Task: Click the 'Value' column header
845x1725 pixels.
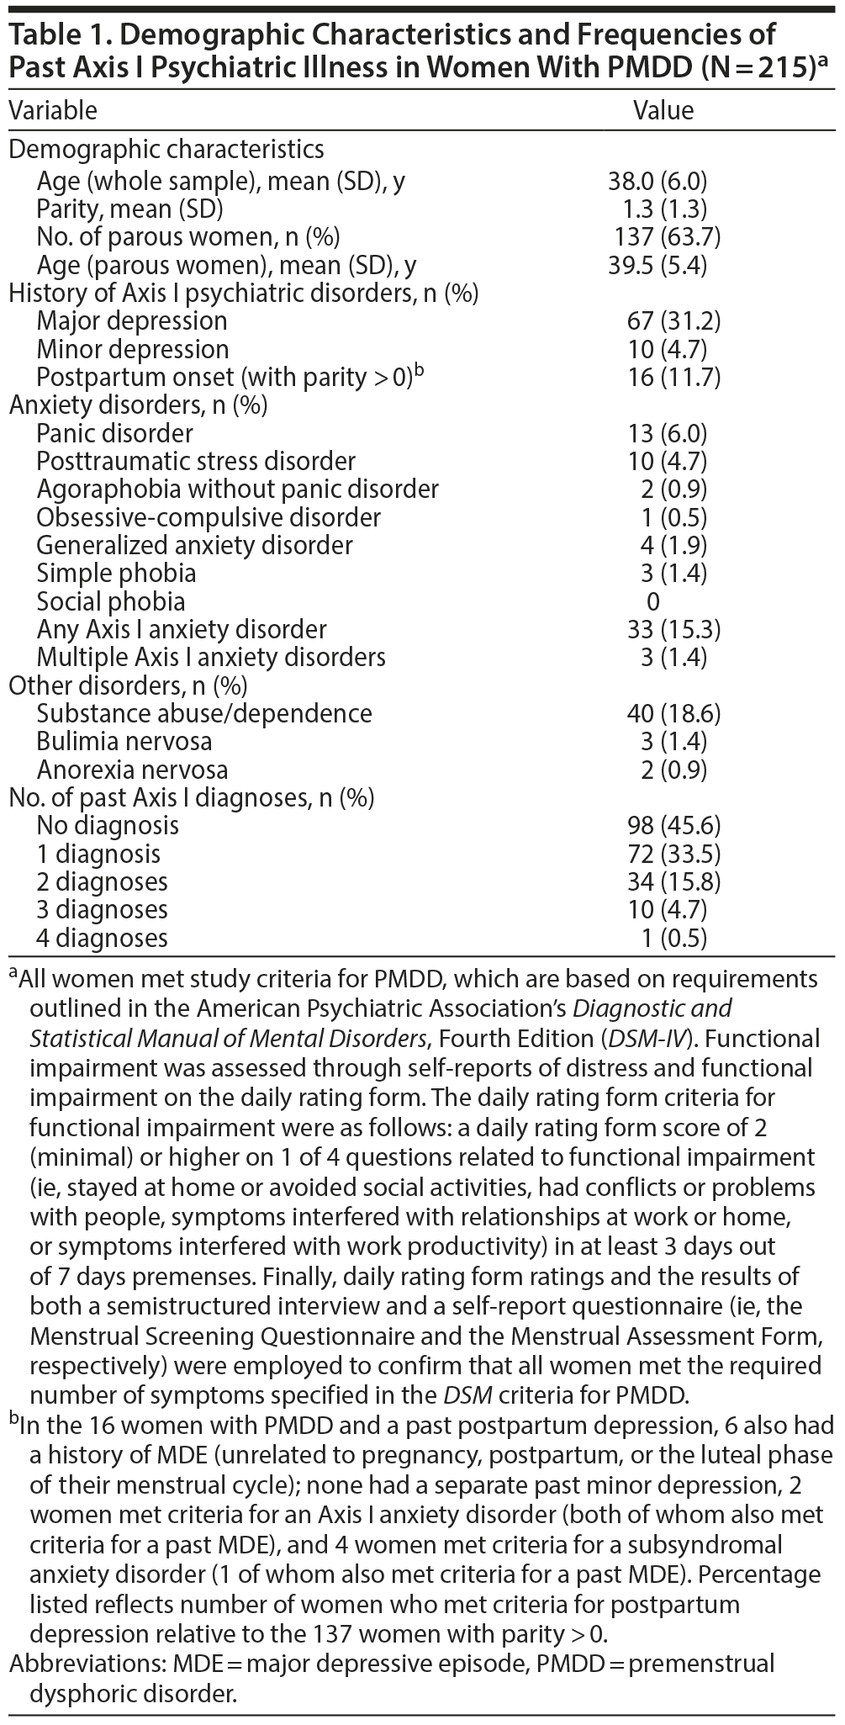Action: coord(663,110)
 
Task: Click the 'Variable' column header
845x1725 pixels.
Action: coord(53,110)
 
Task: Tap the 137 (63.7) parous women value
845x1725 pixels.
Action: coord(668,237)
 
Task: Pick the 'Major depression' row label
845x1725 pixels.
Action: coord(132,321)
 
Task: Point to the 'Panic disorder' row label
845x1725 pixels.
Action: coord(114,433)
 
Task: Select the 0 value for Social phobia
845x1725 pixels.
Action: coord(653,601)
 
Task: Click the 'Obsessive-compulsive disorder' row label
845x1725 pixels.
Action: coord(209,517)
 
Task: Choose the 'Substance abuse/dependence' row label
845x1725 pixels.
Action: coord(204,713)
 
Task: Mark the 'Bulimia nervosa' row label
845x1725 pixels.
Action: coord(124,742)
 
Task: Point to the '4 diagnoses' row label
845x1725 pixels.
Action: coord(102,938)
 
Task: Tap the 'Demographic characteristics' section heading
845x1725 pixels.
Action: coord(166,150)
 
